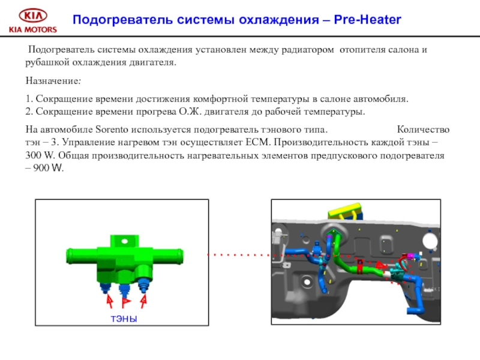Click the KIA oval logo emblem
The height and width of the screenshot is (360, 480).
pyautogui.click(x=31, y=16)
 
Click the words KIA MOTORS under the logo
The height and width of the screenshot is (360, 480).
pyautogui.click(x=31, y=29)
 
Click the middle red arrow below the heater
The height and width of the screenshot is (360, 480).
pyautogui.click(x=125, y=300)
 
